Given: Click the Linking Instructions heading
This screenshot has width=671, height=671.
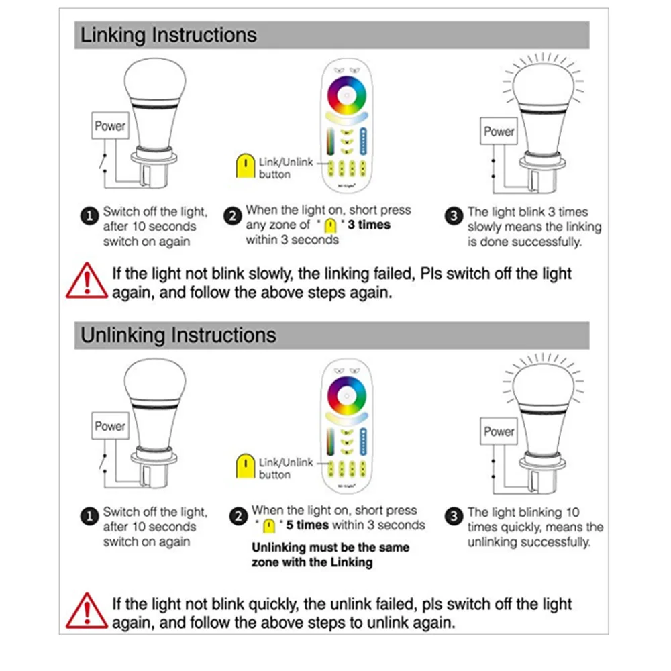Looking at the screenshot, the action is coord(168,35).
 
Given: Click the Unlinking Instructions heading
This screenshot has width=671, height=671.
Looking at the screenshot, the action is coord(178,335).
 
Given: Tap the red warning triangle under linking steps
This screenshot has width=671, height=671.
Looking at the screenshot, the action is coord(87,280).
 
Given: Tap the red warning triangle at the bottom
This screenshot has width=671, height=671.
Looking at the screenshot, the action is coord(87,611).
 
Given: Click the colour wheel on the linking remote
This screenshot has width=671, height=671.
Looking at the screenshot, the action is coord(347,95).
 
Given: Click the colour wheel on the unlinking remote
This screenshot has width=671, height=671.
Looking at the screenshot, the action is coord(347,396).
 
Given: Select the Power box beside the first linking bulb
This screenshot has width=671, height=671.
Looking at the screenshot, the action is coord(111,125).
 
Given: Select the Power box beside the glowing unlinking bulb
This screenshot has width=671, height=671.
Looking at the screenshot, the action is coord(499,431).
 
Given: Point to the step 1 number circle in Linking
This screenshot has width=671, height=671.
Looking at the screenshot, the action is coord(89,216).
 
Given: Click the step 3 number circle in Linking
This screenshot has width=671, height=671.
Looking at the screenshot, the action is coord(454,216).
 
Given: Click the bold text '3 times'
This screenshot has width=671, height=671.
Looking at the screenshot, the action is coord(369,225).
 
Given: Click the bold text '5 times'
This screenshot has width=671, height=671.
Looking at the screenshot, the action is coord(307,525).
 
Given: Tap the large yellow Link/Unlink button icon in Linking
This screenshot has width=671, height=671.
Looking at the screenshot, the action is coord(246,166).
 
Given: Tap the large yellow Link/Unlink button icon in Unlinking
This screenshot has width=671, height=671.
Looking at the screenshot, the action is coord(246,466).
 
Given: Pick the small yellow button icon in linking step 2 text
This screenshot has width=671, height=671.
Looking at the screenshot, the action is coord(330,225).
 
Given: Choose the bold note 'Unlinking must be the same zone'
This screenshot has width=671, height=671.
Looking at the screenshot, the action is coord(330,555).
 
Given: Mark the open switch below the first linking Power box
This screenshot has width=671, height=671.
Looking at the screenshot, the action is coord(103,162).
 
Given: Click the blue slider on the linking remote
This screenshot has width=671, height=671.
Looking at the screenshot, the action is coord(363,141).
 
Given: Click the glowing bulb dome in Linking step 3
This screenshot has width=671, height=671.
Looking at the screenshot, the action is coord(544,86).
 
